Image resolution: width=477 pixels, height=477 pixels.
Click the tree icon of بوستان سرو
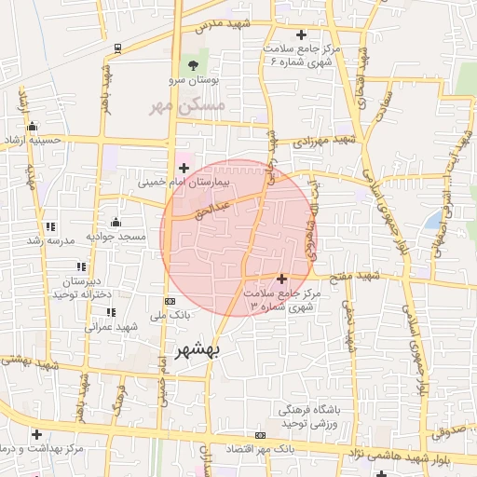(193, 64)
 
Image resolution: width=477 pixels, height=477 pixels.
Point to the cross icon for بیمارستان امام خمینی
(184, 168)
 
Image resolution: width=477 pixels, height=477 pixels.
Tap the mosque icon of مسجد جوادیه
(115, 222)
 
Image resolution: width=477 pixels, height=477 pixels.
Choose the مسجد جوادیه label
(117, 237)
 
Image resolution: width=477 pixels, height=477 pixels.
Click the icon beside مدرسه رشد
(49, 225)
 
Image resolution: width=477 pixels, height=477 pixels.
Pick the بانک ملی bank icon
(169, 301)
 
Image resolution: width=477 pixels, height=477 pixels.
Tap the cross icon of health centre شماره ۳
(282, 278)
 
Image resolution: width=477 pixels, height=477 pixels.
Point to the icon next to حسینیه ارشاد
(33, 127)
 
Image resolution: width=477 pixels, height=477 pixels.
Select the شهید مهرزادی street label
(325, 140)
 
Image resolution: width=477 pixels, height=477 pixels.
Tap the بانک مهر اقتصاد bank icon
(260, 435)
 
